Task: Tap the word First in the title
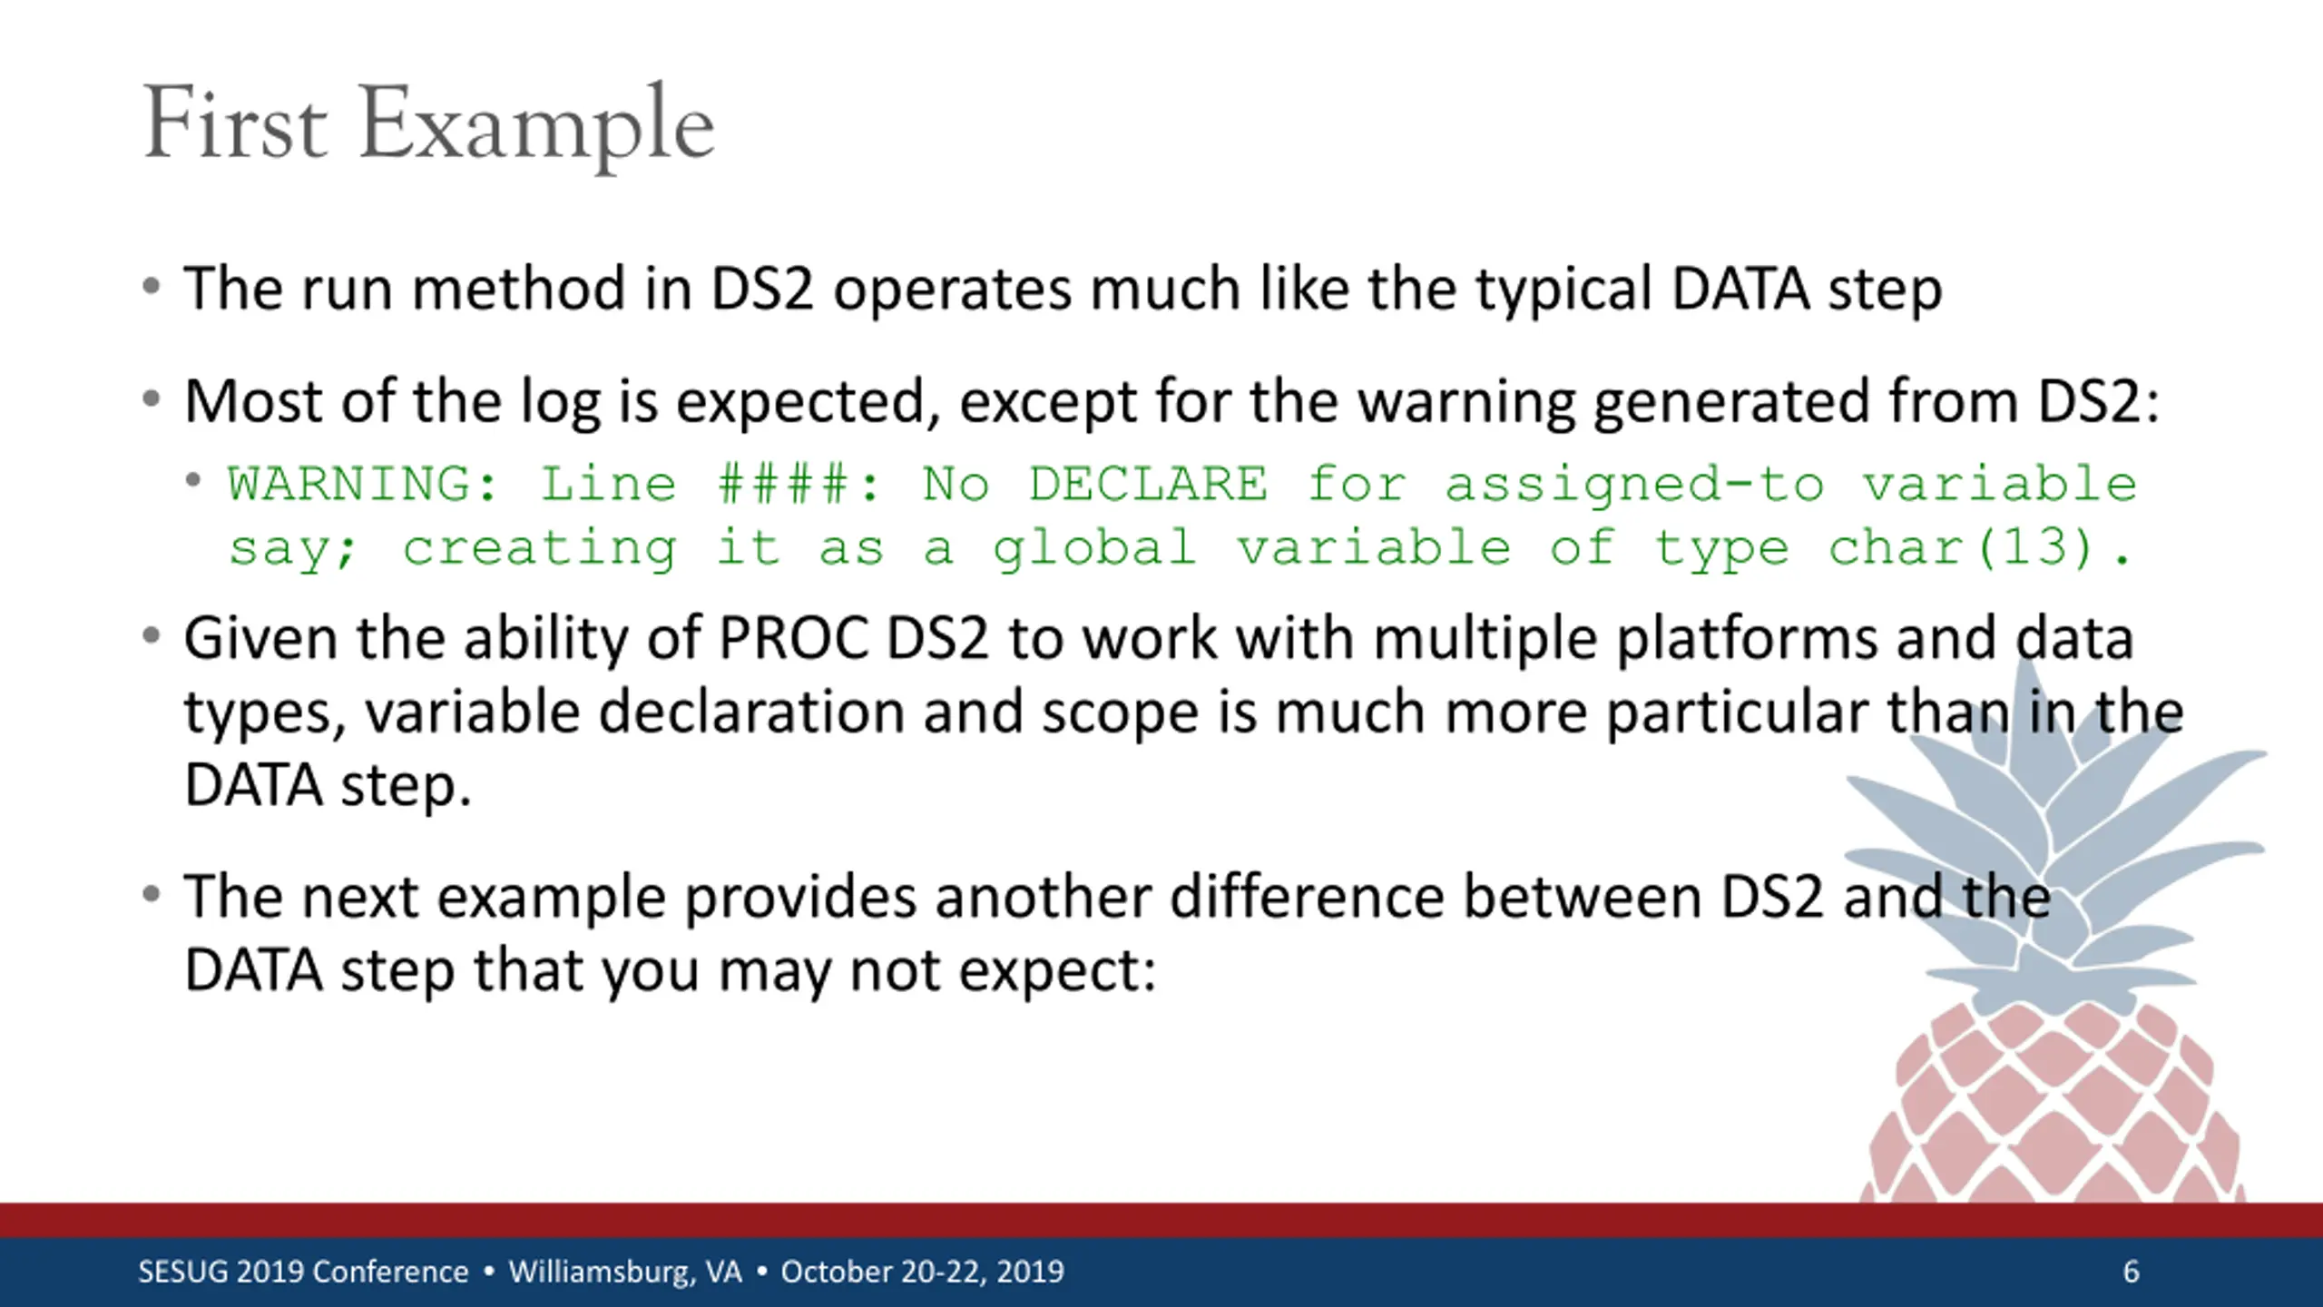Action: [x=235, y=123]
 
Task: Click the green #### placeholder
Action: [x=786, y=483]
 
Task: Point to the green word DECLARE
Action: [x=1149, y=483]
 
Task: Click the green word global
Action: [x=1093, y=548]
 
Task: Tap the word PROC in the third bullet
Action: [x=794, y=638]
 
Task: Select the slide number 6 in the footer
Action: [x=2132, y=1272]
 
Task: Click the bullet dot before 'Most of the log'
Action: [x=152, y=398]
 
